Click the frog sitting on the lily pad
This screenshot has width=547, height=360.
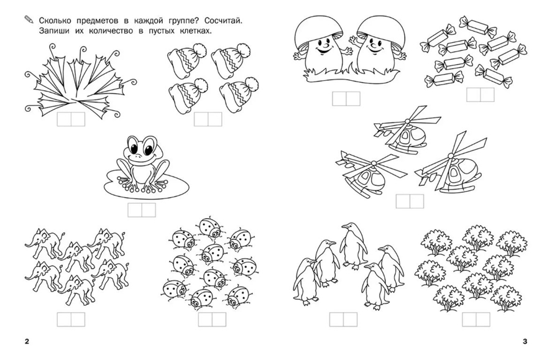pos(143,164)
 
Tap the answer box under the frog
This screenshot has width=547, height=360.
pos(142,210)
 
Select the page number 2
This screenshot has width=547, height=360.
pos(27,341)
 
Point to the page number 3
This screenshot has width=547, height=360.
pos(525,341)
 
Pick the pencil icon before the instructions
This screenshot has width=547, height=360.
pos(29,21)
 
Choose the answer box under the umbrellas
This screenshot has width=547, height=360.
pos(71,119)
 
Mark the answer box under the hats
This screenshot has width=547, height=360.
pos(208,119)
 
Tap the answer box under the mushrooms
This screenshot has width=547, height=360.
pos(346,99)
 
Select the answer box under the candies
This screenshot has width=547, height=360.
pos(480,95)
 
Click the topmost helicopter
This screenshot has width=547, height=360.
pos(407,130)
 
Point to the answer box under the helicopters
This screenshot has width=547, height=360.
pos(410,201)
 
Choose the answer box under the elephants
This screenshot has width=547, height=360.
pos(71,320)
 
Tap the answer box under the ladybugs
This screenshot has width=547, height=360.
pos(212,320)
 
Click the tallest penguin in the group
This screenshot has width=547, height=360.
pos(353,246)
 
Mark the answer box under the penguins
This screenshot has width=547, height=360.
pos(343,320)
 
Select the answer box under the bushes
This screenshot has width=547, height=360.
pos(476,320)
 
